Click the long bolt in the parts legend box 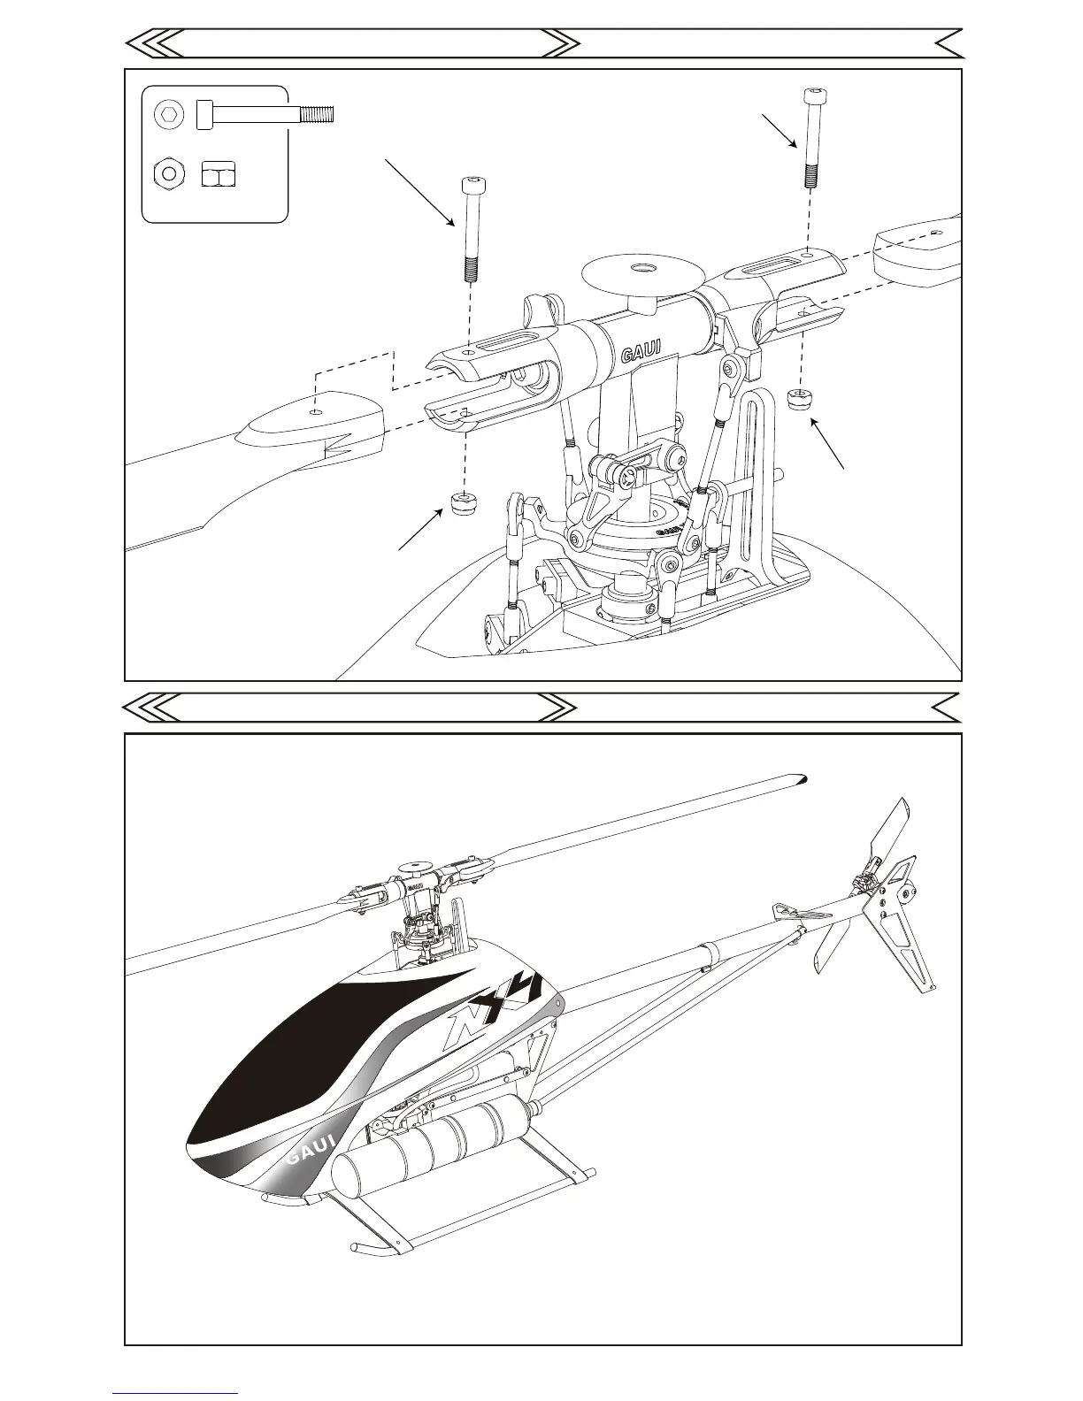pyautogui.click(x=265, y=114)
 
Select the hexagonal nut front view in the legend pyautogui.click(x=168, y=173)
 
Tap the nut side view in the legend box pyautogui.click(x=217, y=174)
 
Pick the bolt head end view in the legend pyautogui.click(x=168, y=115)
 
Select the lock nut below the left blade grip pyautogui.click(x=463, y=504)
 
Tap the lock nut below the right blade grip pyautogui.click(x=801, y=399)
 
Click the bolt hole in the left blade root pyautogui.click(x=316, y=411)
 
